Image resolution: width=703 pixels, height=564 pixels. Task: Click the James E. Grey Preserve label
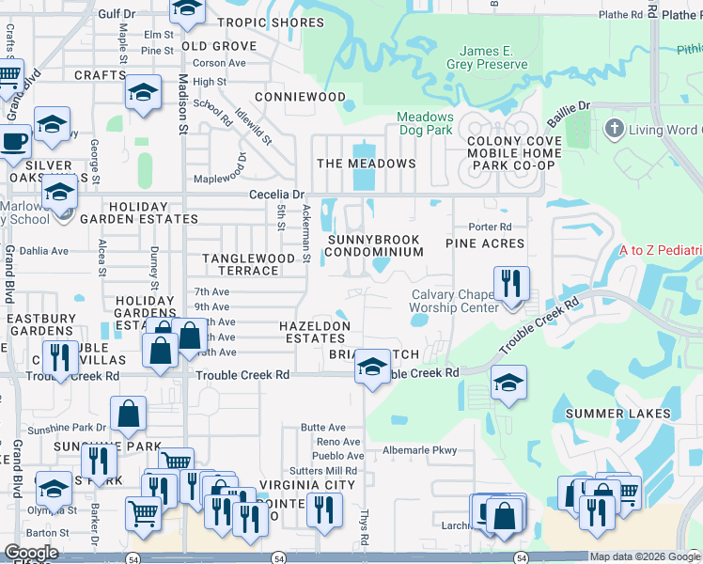tap(492, 56)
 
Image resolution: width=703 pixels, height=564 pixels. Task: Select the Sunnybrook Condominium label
tap(375, 245)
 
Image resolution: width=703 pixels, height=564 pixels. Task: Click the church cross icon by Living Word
tap(615, 127)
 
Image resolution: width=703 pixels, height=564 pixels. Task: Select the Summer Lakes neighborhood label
tap(617, 414)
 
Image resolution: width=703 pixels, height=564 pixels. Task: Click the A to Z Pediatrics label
tap(661, 251)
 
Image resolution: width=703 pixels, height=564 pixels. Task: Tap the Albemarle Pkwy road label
tap(420, 450)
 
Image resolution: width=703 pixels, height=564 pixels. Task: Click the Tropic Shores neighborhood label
tap(271, 23)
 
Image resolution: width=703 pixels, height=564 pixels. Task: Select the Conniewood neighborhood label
tap(300, 97)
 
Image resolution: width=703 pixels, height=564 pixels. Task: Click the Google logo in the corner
tap(31, 553)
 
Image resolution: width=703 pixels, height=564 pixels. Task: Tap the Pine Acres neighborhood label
tap(485, 243)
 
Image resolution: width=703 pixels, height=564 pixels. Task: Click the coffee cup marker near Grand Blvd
tap(12, 141)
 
